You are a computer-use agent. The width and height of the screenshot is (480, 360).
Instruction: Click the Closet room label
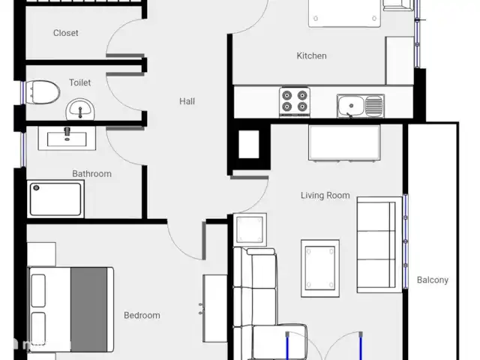65,33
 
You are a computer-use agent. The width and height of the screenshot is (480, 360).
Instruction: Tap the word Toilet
80,82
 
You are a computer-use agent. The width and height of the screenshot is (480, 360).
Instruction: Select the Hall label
187,101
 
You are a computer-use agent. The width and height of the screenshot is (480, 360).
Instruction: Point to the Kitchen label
312,55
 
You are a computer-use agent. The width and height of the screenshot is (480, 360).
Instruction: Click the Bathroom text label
91,173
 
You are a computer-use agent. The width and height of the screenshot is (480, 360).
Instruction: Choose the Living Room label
325,195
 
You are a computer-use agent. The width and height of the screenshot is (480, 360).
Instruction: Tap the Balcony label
433,280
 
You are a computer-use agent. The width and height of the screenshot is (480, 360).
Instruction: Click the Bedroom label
142,315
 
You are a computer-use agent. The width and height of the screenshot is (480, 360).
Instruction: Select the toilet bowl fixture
43,92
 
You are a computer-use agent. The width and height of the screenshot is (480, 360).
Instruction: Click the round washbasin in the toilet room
80,109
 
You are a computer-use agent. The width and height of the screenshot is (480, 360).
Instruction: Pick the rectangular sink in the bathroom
67,138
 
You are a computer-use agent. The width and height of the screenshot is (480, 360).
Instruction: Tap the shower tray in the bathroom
55,199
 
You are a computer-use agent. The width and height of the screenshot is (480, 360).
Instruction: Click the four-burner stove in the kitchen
295,102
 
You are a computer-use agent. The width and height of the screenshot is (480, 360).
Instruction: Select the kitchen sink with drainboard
361,106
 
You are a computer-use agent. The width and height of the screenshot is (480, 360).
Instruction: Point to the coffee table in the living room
320,268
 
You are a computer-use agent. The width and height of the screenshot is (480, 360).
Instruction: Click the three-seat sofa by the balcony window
379,244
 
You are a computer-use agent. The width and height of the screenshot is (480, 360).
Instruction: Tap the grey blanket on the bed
89,310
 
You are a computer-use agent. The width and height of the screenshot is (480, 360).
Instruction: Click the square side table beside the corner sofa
250,229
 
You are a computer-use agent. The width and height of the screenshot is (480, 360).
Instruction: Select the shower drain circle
36,187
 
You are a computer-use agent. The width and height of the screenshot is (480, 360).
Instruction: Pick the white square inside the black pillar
248,144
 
